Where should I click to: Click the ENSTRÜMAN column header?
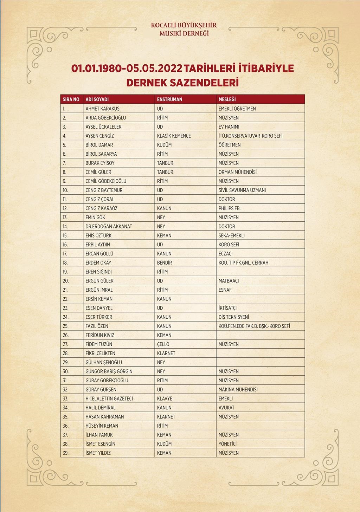(169, 99)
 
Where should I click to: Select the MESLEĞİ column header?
(227, 99)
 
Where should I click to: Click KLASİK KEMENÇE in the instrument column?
(174, 136)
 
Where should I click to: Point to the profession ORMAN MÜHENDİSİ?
(237, 172)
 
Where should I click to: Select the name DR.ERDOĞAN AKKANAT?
(109, 226)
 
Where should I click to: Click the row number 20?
(66, 281)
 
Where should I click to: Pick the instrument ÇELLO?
(163, 344)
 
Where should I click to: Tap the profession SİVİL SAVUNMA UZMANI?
(242, 190)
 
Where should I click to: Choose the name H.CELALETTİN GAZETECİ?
(109, 398)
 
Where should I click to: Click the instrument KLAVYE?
(165, 398)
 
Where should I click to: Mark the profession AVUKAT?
(226, 408)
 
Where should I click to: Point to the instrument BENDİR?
(165, 263)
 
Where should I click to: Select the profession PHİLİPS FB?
(229, 208)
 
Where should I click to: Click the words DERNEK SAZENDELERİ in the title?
(182, 83)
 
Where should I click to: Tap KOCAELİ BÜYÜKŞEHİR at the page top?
(184, 25)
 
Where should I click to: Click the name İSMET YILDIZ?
(98, 453)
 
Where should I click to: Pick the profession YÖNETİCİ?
(227, 444)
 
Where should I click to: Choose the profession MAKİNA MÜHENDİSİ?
(238, 389)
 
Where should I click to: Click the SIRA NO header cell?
(71, 99)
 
